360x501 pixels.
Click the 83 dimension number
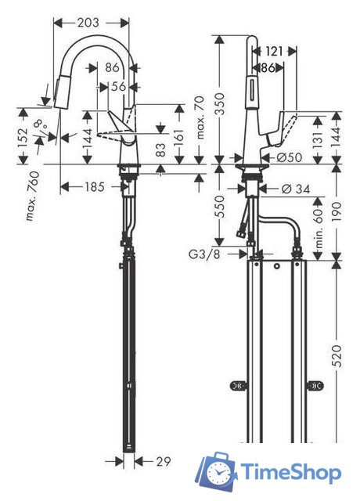(x=162, y=150)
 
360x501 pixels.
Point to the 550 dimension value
(x=220, y=206)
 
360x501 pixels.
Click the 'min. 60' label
(x=319, y=229)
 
